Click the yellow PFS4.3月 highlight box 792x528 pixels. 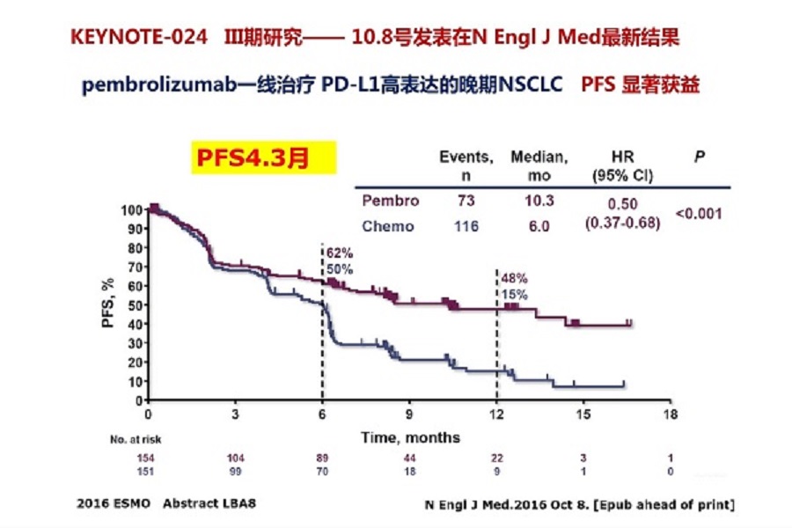[253, 158]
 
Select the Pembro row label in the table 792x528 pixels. [390, 201]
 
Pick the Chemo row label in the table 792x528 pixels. [388, 226]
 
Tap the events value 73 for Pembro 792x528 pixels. [466, 201]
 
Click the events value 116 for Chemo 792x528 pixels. [466, 226]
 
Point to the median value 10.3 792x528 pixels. [539, 201]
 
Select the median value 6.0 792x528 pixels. [539, 226]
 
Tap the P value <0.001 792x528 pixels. [700, 213]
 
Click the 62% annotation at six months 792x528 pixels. [340, 255]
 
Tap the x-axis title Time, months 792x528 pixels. [408, 436]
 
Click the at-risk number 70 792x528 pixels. [323, 473]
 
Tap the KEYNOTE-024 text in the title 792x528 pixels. [140, 39]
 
